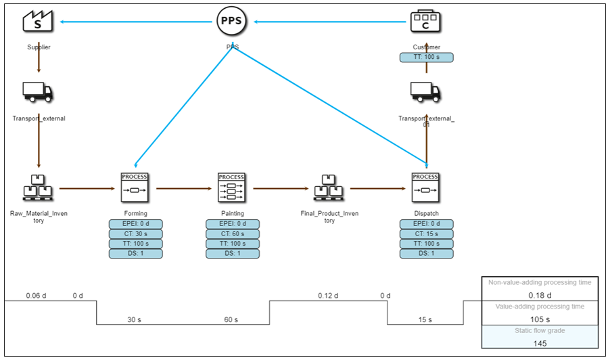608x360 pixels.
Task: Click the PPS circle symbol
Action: [232, 21]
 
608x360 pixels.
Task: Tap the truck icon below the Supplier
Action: [39, 92]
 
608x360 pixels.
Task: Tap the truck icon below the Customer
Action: [425, 92]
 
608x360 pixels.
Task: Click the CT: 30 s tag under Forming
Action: [135, 234]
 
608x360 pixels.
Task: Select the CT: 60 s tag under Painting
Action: [232, 234]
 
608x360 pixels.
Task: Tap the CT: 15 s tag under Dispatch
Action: [426, 234]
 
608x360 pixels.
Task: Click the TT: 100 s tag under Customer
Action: [426, 58]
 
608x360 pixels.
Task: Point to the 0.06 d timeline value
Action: [34, 296]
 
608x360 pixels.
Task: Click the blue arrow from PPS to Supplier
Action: [135, 22]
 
